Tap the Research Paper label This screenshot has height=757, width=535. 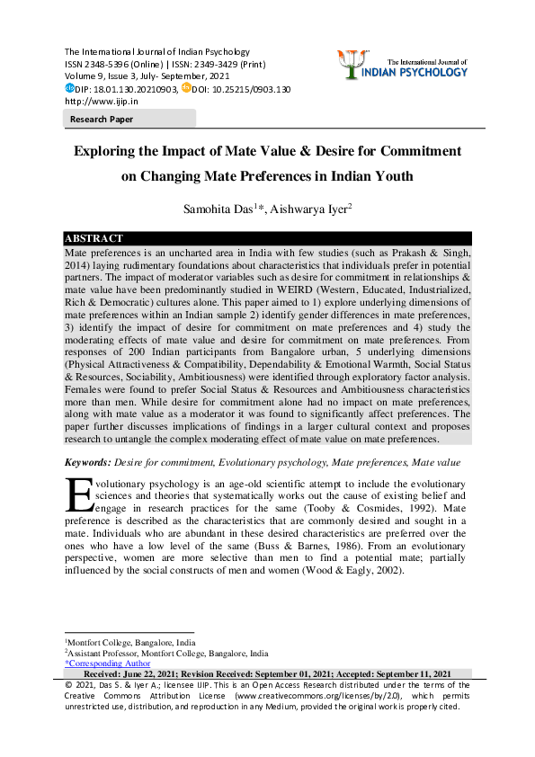(x=102, y=119)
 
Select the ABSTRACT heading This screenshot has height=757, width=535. (x=94, y=238)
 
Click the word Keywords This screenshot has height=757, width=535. (x=86, y=462)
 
